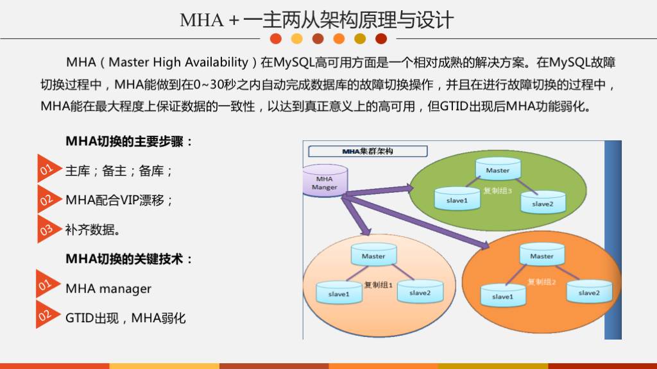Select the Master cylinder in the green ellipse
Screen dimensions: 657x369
tap(498, 169)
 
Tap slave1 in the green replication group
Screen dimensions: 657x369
tap(457, 199)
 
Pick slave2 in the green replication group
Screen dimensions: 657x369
tap(542, 202)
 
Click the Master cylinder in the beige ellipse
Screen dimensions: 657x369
tap(373, 255)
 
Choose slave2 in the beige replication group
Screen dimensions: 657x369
tap(420, 291)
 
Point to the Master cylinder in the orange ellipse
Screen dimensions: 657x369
tap(542, 255)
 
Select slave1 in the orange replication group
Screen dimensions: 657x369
tap(502, 295)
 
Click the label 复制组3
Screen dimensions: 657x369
tap(497, 190)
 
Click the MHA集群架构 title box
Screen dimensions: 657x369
tap(368, 152)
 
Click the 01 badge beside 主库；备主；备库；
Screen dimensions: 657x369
tap(46, 170)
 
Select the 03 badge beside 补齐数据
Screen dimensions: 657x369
tap(46, 229)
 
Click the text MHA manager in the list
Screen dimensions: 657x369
tap(108, 289)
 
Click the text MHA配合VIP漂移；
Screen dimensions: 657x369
tap(119, 200)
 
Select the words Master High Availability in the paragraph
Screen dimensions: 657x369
tap(178, 62)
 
